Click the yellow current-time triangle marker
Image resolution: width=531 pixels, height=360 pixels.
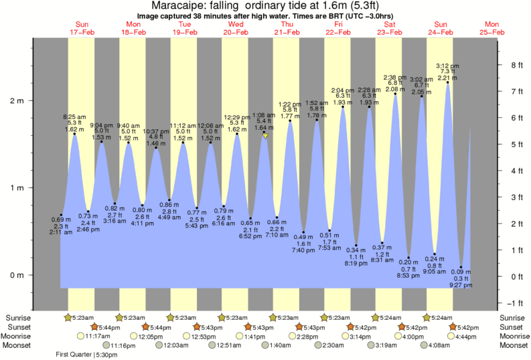tap(266, 136)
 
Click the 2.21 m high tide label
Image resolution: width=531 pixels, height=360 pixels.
tap(447, 78)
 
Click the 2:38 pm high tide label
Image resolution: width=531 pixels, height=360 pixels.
tap(395, 77)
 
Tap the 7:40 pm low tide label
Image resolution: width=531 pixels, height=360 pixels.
tap(304, 250)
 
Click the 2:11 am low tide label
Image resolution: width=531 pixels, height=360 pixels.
tap(61, 232)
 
